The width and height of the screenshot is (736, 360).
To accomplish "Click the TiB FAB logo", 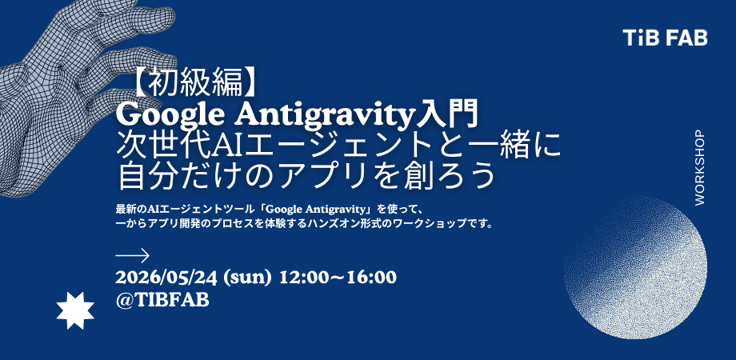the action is [x=665, y=38].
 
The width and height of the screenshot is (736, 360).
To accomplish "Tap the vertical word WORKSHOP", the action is [x=699, y=167].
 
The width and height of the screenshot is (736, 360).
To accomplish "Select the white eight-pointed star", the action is [x=75, y=310].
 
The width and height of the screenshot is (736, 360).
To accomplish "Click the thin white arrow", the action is [x=132, y=256].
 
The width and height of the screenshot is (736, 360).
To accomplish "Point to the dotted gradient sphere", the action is [x=635, y=267].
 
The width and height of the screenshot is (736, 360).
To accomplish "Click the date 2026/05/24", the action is [x=166, y=278].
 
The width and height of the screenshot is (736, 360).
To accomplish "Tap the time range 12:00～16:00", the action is [x=338, y=278].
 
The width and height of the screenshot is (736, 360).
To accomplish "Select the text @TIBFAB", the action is [x=162, y=300].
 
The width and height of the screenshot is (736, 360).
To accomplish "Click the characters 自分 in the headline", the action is [x=144, y=177].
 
